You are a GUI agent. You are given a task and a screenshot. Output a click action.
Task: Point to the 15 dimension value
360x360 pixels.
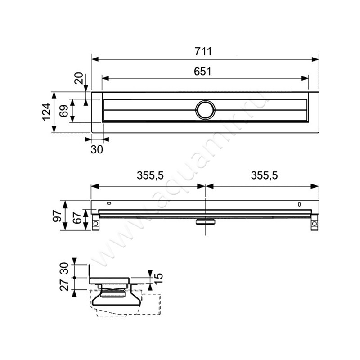(158, 279)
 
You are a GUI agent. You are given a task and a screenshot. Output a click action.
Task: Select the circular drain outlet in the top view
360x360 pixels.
(205, 110)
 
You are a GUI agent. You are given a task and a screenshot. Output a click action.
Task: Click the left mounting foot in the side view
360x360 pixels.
(95, 223)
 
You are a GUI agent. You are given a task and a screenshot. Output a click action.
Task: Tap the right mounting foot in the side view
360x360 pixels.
(314, 223)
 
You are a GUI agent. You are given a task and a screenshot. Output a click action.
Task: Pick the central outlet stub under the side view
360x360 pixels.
(205, 221)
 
